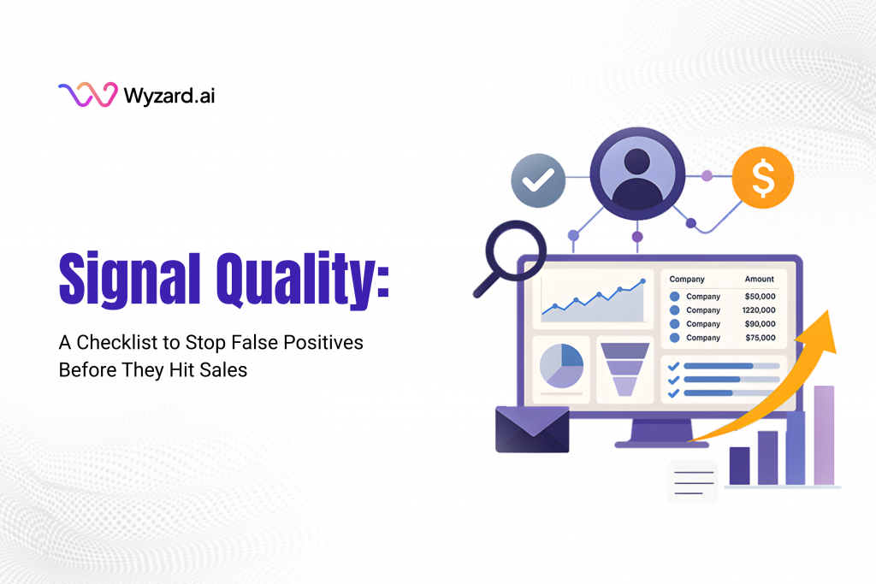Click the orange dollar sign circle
click(762, 178)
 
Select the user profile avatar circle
click(636, 168)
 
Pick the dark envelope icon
click(532, 429)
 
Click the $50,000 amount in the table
click(760, 297)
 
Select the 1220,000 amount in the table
click(759, 310)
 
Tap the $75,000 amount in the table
click(760, 338)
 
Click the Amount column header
click(759, 279)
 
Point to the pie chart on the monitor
click(561, 366)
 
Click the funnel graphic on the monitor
click(624, 369)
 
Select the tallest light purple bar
click(823, 435)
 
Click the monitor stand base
click(650, 443)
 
